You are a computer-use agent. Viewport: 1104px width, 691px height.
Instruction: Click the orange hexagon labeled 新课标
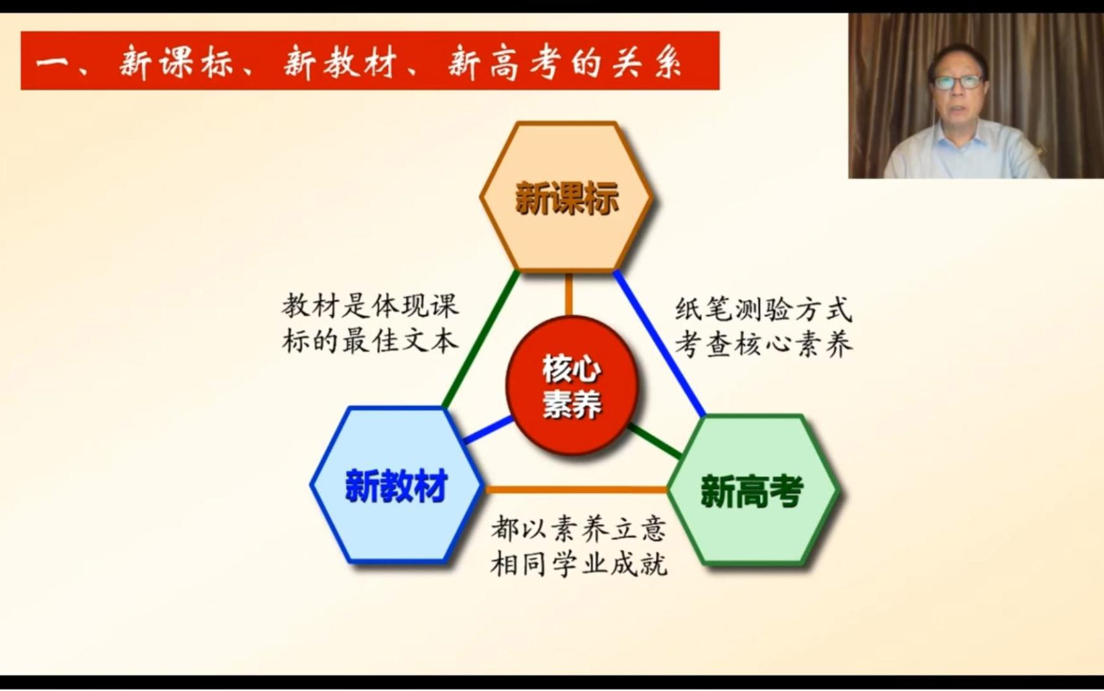(x=566, y=197)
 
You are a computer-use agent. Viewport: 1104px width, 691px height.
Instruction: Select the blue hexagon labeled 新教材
(x=396, y=486)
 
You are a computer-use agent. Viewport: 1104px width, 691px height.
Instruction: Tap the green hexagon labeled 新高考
(x=752, y=491)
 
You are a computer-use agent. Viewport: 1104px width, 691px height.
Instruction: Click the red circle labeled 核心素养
(x=571, y=385)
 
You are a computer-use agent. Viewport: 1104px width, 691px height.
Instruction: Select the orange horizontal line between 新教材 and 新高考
(x=576, y=490)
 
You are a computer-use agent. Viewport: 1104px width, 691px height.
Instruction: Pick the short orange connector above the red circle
(x=569, y=294)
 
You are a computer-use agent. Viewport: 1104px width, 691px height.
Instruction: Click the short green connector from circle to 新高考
(x=654, y=441)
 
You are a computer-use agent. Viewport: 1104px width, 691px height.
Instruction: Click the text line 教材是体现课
(x=370, y=306)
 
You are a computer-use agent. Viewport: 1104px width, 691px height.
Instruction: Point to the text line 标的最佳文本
(x=370, y=341)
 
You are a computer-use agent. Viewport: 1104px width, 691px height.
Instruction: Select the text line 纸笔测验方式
(x=764, y=310)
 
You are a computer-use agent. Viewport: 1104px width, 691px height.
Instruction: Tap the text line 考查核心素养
(x=764, y=345)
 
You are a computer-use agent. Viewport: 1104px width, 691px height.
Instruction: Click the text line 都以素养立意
(x=579, y=529)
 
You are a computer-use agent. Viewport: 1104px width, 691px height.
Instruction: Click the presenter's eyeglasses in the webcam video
(x=958, y=82)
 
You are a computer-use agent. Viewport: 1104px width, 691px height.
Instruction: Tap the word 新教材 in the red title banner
(x=341, y=62)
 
